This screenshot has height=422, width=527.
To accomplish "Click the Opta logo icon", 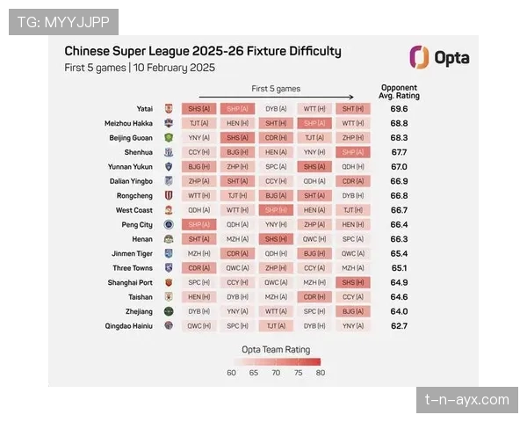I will (x=419, y=57).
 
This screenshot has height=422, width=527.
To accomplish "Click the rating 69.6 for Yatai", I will (x=399, y=109).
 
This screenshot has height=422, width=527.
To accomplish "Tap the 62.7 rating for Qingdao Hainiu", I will (x=399, y=325).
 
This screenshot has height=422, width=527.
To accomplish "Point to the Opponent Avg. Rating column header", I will (x=399, y=91).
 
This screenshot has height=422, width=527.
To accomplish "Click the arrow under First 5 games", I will (x=276, y=98).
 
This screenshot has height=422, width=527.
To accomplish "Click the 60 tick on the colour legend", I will (x=232, y=373).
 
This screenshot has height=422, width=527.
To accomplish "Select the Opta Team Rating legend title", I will (x=275, y=348).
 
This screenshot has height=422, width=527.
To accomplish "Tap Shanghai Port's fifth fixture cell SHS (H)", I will (x=353, y=282).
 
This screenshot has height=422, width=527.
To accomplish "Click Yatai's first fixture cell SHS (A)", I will (x=199, y=109).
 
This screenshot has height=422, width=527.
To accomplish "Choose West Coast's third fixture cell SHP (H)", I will (x=276, y=210).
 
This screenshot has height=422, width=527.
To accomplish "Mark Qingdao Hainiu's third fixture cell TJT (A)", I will (x=276, y=325).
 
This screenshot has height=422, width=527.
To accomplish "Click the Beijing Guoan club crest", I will (x=169, y=138).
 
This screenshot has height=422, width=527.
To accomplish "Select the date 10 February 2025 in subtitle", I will (x=175, y=68).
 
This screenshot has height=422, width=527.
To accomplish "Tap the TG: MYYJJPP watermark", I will (x=62, y=21).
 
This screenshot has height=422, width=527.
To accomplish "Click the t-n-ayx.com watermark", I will (x=466, y=400).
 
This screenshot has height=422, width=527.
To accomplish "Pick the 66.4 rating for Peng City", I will (x=399, y=224).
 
